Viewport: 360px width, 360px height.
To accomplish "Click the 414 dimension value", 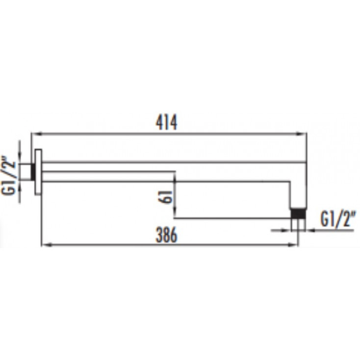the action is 166,123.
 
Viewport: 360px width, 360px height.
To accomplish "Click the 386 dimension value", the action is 166,234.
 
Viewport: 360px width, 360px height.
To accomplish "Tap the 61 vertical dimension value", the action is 165,197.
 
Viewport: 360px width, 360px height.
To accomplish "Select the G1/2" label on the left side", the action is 8,176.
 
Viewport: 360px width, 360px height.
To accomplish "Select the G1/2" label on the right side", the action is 338,220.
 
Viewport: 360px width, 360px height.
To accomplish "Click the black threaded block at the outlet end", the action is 298,213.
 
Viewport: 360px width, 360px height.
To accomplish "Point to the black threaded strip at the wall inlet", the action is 33,172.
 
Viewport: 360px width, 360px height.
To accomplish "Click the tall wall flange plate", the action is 38,172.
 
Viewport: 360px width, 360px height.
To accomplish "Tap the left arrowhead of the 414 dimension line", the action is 36,133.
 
